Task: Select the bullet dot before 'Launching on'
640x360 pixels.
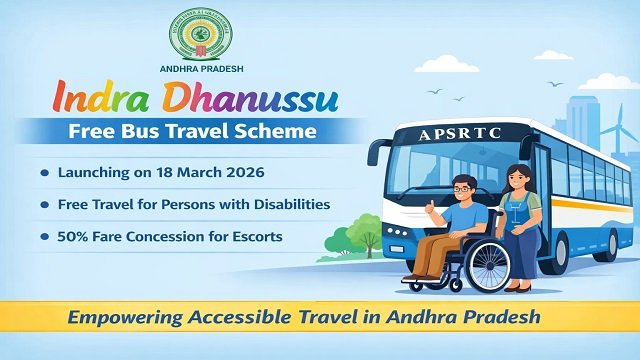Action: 44,173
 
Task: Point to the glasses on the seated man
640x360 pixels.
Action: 460,188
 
